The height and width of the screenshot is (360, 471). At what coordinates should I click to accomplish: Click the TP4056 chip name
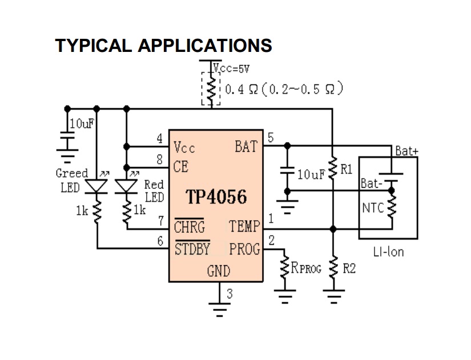[216, 197]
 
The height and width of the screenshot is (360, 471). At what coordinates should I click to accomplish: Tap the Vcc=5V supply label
[232, 70]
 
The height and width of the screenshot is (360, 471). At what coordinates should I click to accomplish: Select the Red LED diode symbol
[126, 186]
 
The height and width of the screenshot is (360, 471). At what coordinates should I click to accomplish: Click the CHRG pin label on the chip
[189, 227]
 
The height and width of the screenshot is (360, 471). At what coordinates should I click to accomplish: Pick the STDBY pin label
[192, 249]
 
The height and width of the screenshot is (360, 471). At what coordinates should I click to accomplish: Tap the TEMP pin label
[245, 227]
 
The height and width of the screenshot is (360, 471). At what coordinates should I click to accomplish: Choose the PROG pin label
[244, 249]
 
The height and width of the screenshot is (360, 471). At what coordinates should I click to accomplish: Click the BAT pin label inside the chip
[246, 147]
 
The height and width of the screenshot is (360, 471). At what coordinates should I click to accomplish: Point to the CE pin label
[181, 167]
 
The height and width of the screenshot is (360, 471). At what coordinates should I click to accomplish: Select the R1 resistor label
[347, 169]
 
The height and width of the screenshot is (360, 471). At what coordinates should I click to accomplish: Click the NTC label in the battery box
[372, 208]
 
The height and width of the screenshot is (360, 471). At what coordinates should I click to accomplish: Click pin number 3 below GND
[230, 294]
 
